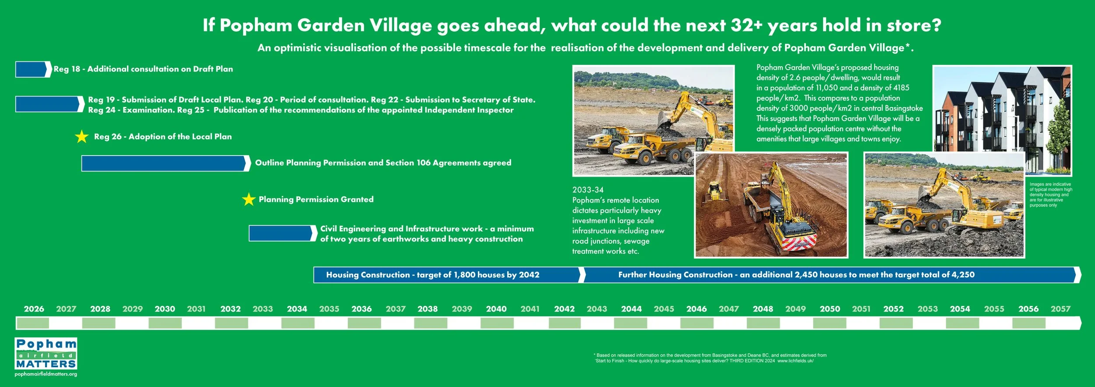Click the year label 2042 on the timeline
(564, 309)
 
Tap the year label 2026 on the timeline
(34, 309)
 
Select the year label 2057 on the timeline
(1060, 309)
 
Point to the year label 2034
(297, 309)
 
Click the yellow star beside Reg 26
(81, 137)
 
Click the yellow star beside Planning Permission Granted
(248, 199)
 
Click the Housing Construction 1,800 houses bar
(447, 275)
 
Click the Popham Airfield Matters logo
(46, 354)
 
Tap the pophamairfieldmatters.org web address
(46, 374)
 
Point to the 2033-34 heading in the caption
(588, 190)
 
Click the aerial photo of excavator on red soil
(771, 205)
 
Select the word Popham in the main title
(256, 25)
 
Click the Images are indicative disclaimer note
(1050, 195)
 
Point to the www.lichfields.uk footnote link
(795, 361)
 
